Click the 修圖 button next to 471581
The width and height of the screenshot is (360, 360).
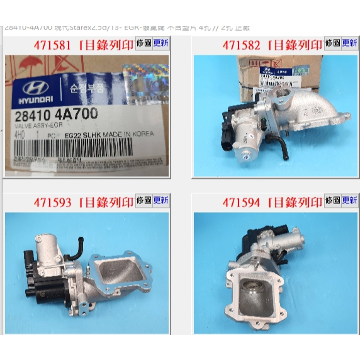143,44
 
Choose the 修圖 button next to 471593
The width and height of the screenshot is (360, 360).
143,201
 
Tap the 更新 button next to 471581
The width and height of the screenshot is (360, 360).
161,44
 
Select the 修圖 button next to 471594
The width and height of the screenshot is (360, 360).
332,201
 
